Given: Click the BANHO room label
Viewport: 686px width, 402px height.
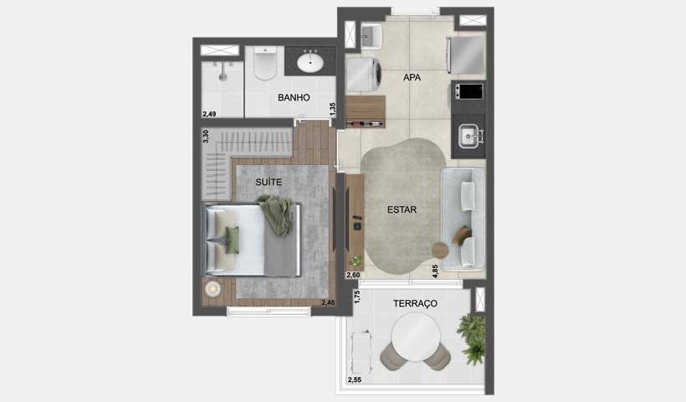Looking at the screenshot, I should click(294, 97).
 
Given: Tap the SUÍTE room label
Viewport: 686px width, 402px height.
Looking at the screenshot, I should click(269, 182).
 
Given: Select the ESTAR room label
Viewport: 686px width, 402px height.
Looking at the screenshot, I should click(402, 209).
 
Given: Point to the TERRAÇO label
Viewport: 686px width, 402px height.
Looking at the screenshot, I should click(415, 303).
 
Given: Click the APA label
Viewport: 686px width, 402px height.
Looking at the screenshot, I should click(412, 77).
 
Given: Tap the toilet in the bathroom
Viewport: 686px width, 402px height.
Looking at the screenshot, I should click(265, 63).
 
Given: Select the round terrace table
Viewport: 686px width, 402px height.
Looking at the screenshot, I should click(416, 336).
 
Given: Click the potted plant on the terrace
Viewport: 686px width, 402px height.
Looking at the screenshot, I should click(472, 337).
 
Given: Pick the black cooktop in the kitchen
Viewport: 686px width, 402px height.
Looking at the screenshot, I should click(468, 90).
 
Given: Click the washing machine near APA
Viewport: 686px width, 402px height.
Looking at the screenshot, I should click(363, 75).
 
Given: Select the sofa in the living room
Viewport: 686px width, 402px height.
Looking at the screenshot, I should click(463, 219).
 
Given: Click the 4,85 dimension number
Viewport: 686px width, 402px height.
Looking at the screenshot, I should click(435, 271).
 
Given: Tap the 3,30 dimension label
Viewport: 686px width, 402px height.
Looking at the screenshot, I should click(206, 136).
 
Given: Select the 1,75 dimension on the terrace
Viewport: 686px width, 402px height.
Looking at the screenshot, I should click(356, 296).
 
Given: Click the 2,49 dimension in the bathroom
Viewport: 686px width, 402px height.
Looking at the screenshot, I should click(209, 114).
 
